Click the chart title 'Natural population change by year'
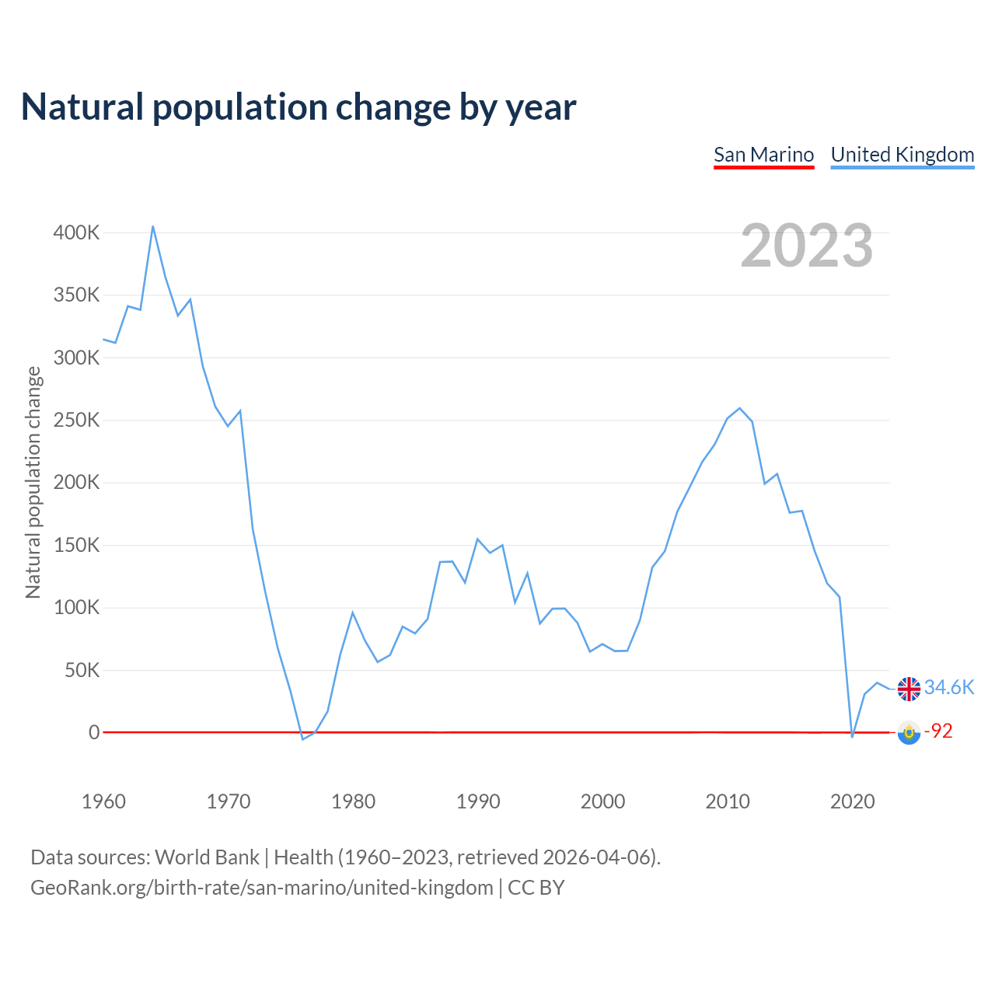[298, 107]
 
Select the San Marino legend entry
[763, 155]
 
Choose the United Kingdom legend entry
[902, 155]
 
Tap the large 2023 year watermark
[806, 246]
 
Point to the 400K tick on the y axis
[76, 232]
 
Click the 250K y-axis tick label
[76, 420]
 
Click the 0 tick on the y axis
[94, 732]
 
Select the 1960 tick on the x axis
[103, 801]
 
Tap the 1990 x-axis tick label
[478, 801]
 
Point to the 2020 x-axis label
[853, 801]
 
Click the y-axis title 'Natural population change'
[33, 482]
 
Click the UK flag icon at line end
[909, 688]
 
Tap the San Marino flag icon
[909, 732]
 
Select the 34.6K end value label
[948, 687]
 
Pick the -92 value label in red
[938, 731]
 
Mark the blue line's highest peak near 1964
[153, 226]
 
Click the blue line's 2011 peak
[739, 408]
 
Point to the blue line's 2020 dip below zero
[852, 736]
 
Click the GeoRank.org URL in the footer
[262, 887]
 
